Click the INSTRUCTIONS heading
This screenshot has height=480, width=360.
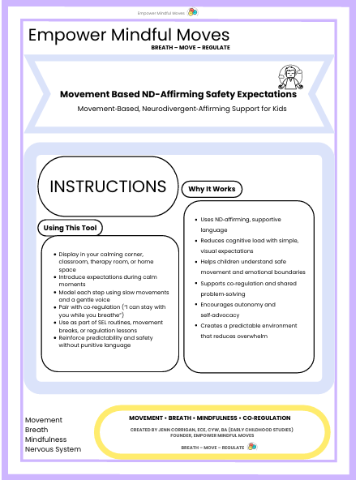click(x=108, y=186)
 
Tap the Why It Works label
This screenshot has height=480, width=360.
click(x=212, y=189)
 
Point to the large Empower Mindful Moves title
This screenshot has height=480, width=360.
click(x=129, y=35)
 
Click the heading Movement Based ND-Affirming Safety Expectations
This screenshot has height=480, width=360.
click(x=178, y=94)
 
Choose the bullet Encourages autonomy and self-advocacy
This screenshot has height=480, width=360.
click(x=235, y=309)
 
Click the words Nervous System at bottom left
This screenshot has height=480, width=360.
click(x=54, y=448)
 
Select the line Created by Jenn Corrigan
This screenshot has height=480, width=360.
click(x=212, y=429)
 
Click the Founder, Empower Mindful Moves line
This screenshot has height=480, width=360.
click(x=212, y=435)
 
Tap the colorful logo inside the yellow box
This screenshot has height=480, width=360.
click(x=251, y=446)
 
